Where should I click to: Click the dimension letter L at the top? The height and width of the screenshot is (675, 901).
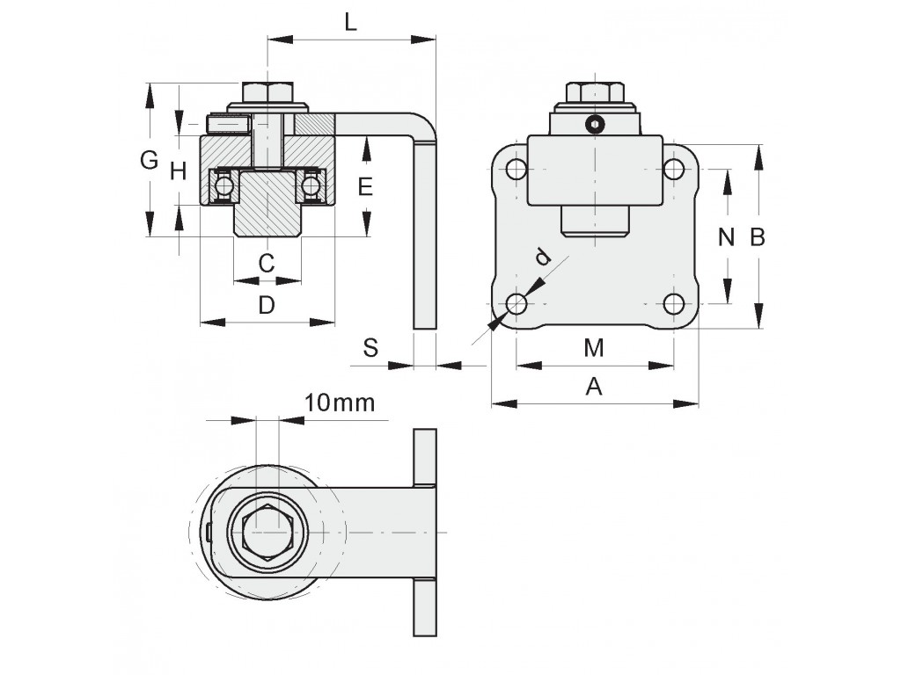[351, 23]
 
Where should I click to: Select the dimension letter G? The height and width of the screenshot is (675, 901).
[150, 160]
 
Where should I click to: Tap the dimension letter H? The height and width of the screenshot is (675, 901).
[179, 171]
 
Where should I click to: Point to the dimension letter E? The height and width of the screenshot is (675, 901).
[366, 186]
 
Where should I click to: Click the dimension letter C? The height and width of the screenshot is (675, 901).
[267, 261]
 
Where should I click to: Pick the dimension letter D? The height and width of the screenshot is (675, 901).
[267, 305]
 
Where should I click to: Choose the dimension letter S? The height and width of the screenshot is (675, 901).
[370, 348]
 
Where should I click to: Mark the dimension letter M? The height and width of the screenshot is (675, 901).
[594, 348]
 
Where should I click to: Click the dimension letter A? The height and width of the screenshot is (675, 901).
[594, 387]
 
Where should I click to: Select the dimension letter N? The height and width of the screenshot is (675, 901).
[726, 236]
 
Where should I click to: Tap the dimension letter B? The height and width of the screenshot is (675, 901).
[758, 236]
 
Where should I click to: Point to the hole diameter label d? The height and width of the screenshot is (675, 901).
[543, 257]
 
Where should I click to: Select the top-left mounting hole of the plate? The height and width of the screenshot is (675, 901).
[516, 170]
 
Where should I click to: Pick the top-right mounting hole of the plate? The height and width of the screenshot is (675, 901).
[674, 170]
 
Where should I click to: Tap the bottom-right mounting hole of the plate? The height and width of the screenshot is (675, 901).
[674, 304]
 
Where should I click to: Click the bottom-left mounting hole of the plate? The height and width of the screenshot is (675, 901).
[516, 304]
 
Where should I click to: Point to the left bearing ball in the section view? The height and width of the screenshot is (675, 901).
[223, 185]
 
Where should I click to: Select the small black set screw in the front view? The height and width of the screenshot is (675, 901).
[596, 125]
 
